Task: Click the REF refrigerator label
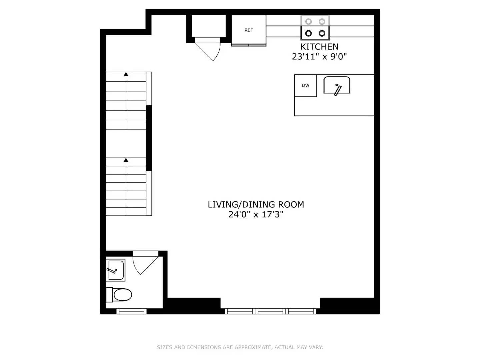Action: [x=249, y=30]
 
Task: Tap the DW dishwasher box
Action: [x=305, y=86]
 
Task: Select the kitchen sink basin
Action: [x=337, y=85]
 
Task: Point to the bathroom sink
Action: [x=115, y=270]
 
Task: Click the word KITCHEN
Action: [x=319, y=47]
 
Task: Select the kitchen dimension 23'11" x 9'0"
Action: [x=319, y=57]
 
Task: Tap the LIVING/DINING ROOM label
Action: [x=256, y=205]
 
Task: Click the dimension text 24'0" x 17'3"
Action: [x=256, y=214]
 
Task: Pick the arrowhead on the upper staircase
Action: [x=126, y=74]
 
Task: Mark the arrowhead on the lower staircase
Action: [x=126, y=160]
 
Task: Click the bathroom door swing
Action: [x=143, y=263]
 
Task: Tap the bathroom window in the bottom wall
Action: [x=131, y=311]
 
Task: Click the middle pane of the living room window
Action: [x=270, y=311]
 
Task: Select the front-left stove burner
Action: [x=309, y=33]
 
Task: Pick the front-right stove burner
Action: [x=322, y=33]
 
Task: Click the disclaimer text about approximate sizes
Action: [x=240, y=347]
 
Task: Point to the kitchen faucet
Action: [x=338, y=89]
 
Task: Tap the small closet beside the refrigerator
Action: [x=209, y=26]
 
